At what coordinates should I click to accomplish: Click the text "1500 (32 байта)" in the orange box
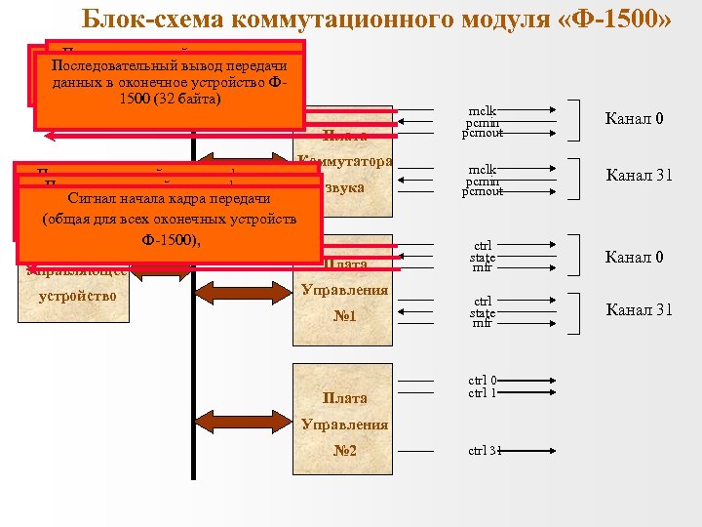(x=171, y=101)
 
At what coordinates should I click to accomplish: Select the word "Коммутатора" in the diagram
(x=345, y=160)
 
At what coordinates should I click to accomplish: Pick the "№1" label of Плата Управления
(x=344, y=316)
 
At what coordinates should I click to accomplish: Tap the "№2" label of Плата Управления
(x=344, y=451)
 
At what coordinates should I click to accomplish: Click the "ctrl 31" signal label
(x=485, y=451)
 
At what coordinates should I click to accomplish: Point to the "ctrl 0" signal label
(x=483, y=381)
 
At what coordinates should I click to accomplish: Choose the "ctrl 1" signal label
(x=483, y=393)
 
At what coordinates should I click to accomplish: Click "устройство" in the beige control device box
(x=79, y=294)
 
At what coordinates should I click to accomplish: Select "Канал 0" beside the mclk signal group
(x=635, y=119)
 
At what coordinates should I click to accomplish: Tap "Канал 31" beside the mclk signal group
(x=639, y=176)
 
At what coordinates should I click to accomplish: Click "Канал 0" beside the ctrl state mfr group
(x=635, y=258)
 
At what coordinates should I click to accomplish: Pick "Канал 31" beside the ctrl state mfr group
(x=639, y=310)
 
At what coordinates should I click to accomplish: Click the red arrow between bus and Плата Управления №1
(x=244, y=288)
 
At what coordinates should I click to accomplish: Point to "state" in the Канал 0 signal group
(x=483, y=257)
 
